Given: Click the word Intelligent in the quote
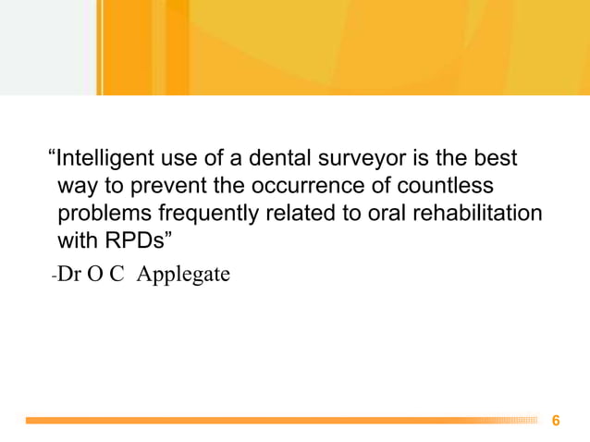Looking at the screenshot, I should point(104,159).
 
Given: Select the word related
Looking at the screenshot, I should point(303,214).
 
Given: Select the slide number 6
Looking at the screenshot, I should point(556,421).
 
